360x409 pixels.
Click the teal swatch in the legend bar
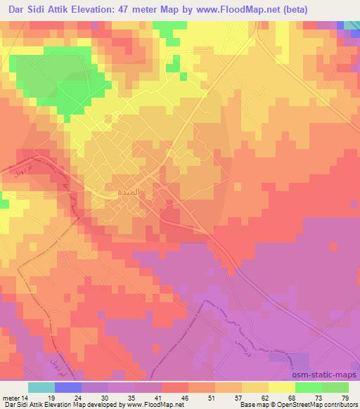pyautogui.click(x=42, y=387)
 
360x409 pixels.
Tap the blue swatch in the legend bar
pyautogui.click(x=69, y=387)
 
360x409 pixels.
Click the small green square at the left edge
pyautogui.click(x=4, y=204)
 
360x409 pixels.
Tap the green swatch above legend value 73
pyautogui.click(x=308, y=387)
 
